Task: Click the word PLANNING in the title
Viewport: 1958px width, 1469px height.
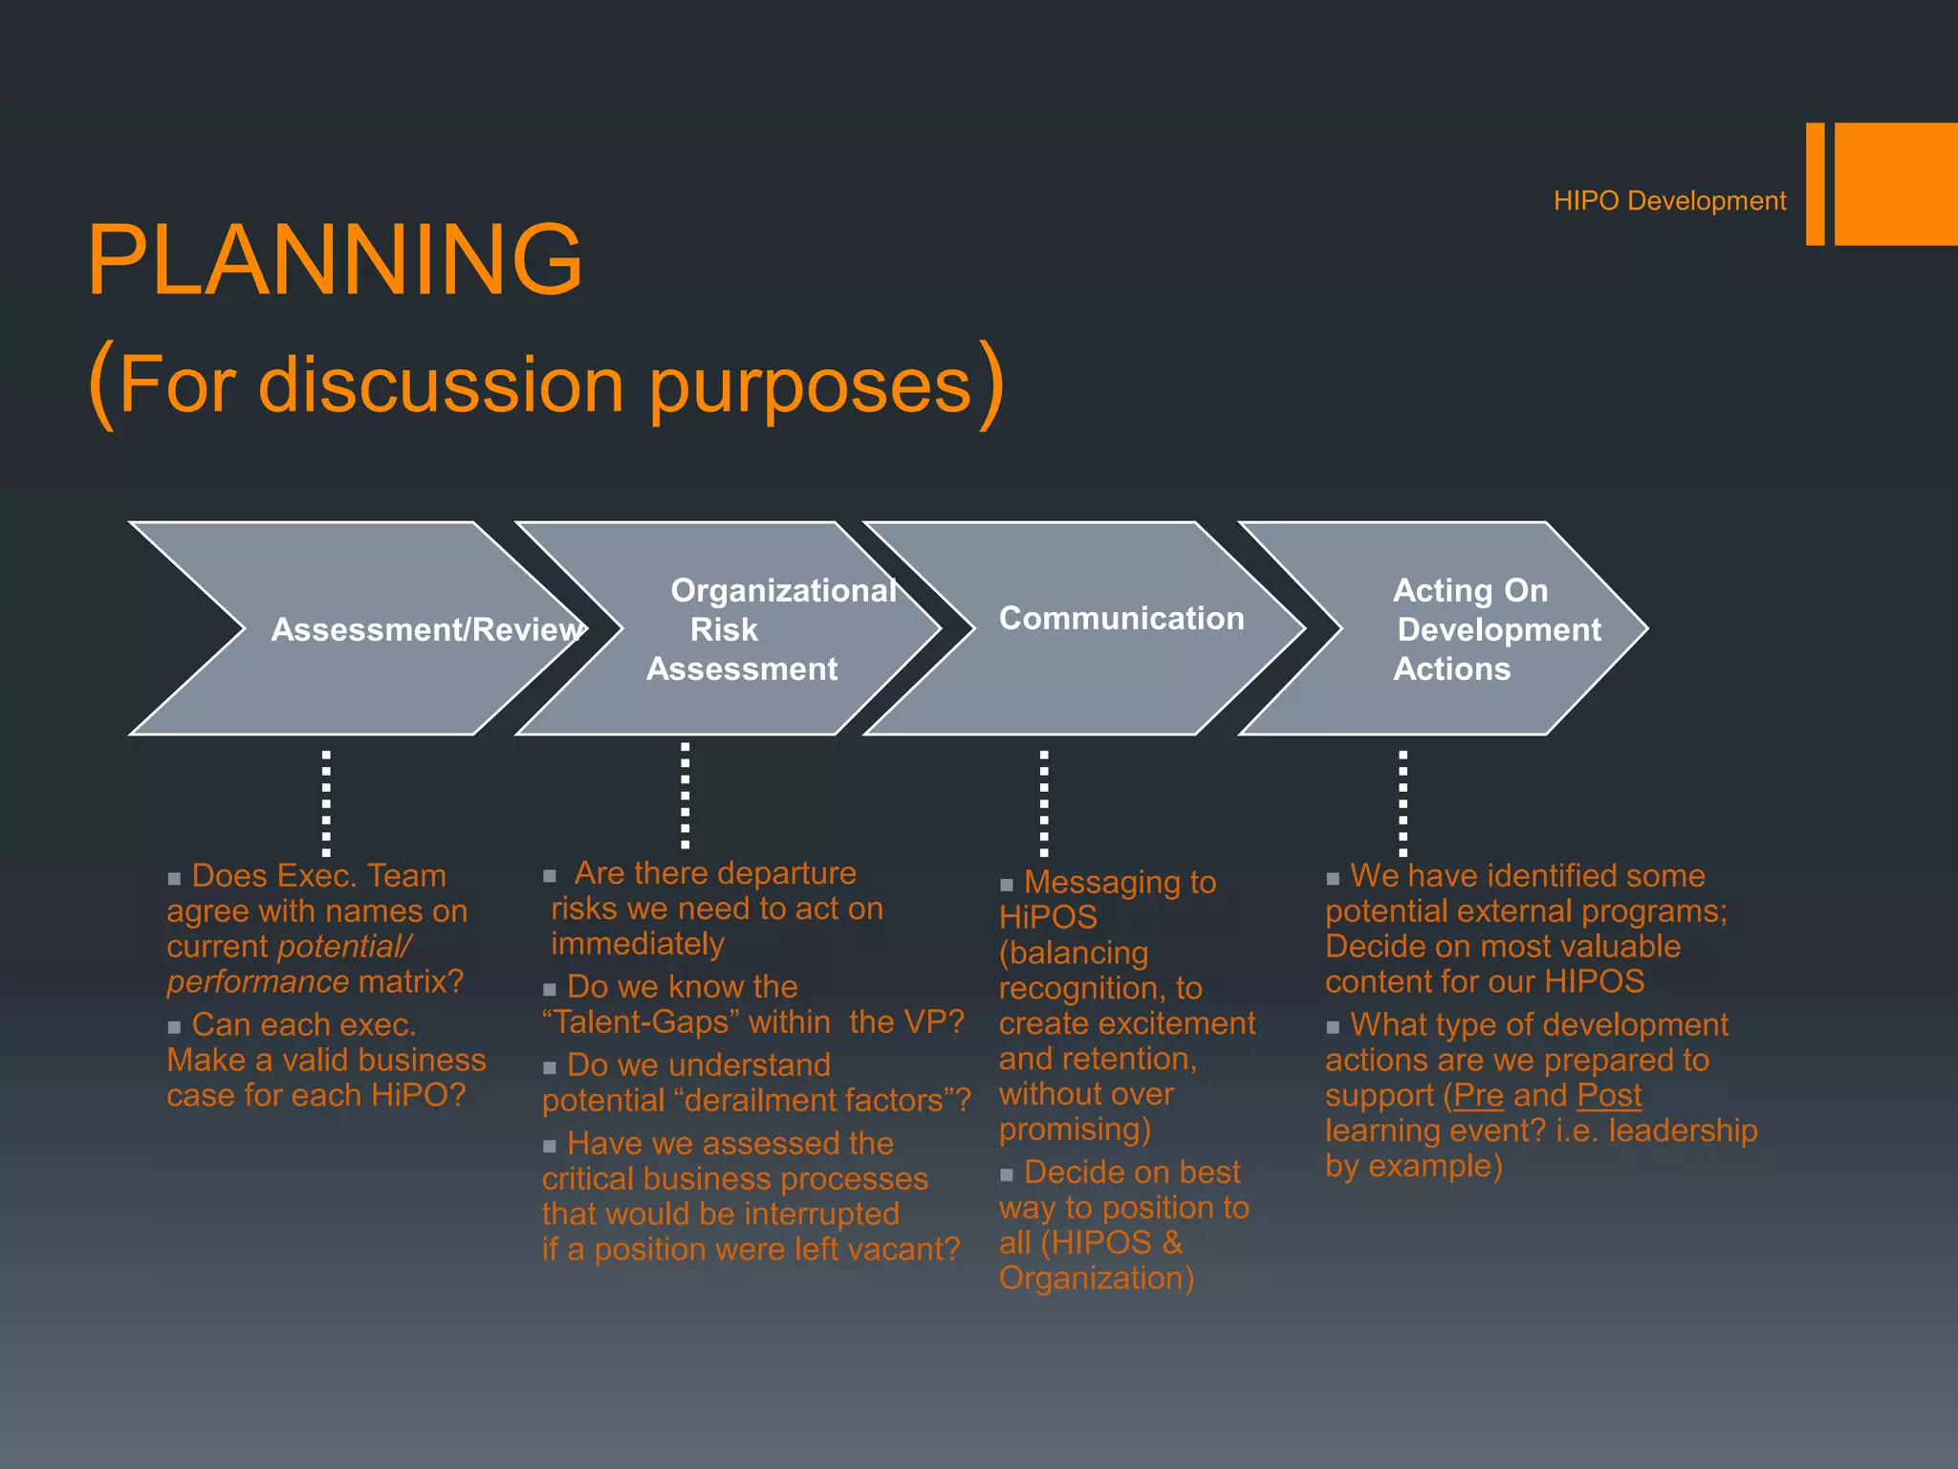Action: (335, 259)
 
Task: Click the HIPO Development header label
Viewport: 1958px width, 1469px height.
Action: (1668, 201)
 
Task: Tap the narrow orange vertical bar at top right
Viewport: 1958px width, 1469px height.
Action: (1815, 184)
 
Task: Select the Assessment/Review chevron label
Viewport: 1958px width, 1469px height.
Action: (426, 629)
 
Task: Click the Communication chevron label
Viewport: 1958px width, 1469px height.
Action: (1120, 619)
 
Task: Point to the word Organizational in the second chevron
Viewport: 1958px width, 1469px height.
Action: (783, 590)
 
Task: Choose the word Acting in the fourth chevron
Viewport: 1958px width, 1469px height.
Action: (1444, 590)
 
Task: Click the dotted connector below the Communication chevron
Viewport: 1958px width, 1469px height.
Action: (1044, 802)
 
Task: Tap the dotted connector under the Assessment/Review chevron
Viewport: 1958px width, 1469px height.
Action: (326, 802)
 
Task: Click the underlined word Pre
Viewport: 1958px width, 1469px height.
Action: (1478, 1095)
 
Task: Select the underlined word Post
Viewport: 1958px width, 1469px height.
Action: (1609, 1095)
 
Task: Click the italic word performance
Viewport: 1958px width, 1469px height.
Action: (257, 982)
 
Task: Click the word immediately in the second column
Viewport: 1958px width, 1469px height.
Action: (638, 944)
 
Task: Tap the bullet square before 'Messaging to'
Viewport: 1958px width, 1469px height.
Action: (1006, 886)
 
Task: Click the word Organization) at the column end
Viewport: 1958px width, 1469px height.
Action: (1096, 1279)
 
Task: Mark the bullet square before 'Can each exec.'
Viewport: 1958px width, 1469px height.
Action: (174, 1028)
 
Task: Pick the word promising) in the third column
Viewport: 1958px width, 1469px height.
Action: (1075, 1129)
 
